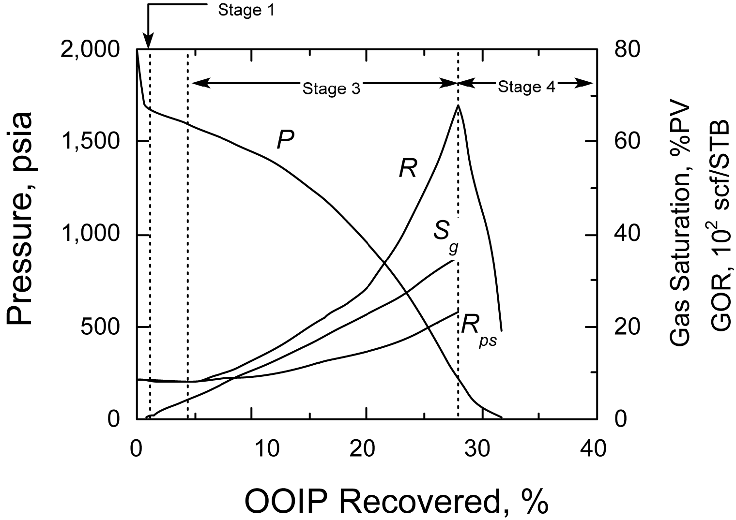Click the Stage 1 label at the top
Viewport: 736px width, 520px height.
[x=246, y=10]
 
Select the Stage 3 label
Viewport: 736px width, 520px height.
[x=331, y=89]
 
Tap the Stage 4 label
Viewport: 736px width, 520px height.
[x=526, y=88]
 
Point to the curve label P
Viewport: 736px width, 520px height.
[x=286, y=140]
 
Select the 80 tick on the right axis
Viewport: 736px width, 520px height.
[x=628, y=49]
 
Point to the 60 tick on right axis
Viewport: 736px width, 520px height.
[x=628, y=141]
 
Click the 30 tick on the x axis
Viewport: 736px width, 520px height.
[x=480, y=449]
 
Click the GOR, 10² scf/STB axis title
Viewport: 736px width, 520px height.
[x=720, y=224]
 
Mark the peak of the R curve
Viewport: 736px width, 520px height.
[x=458, y=105]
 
